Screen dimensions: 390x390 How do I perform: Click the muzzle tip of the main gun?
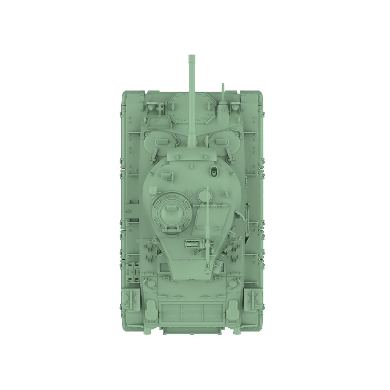[x=191, y=58]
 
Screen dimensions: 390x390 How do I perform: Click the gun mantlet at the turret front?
[x=192, y=155]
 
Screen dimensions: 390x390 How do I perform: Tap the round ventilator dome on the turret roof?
[x=204, y=195]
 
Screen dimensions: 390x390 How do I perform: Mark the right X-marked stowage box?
[x=252, y=300]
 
